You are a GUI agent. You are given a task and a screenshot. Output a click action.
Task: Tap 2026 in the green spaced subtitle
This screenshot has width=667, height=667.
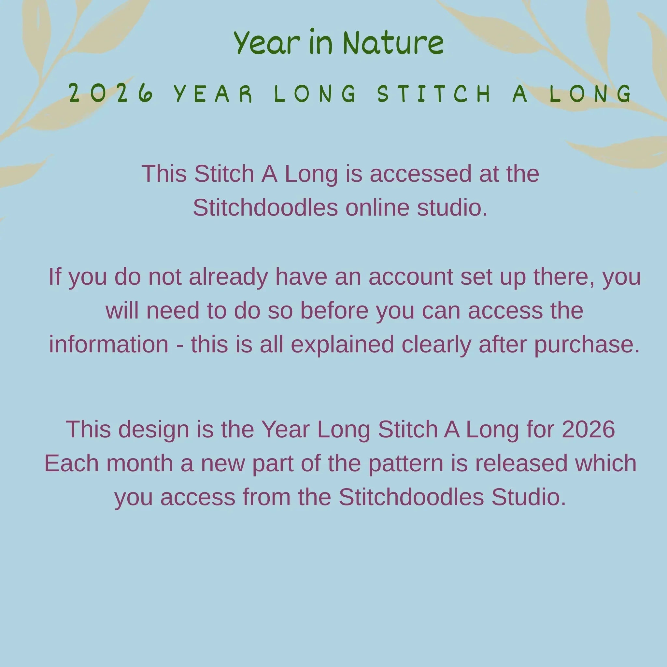click(111, 93)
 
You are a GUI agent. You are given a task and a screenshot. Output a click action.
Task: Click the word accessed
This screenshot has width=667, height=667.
click(420, 174)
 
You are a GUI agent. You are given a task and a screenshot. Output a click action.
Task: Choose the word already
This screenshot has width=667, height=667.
click(228, 277)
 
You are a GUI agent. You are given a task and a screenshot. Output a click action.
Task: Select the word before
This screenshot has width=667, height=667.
click(334, 310)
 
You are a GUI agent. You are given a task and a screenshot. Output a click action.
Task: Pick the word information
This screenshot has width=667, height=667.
click(109, 344)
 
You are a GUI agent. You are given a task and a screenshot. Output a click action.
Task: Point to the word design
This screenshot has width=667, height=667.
click(154, 430)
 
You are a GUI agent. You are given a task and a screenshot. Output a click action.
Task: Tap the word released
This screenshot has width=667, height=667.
click(521, 463)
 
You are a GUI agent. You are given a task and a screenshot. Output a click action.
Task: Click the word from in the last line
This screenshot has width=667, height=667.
click(266, 497)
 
